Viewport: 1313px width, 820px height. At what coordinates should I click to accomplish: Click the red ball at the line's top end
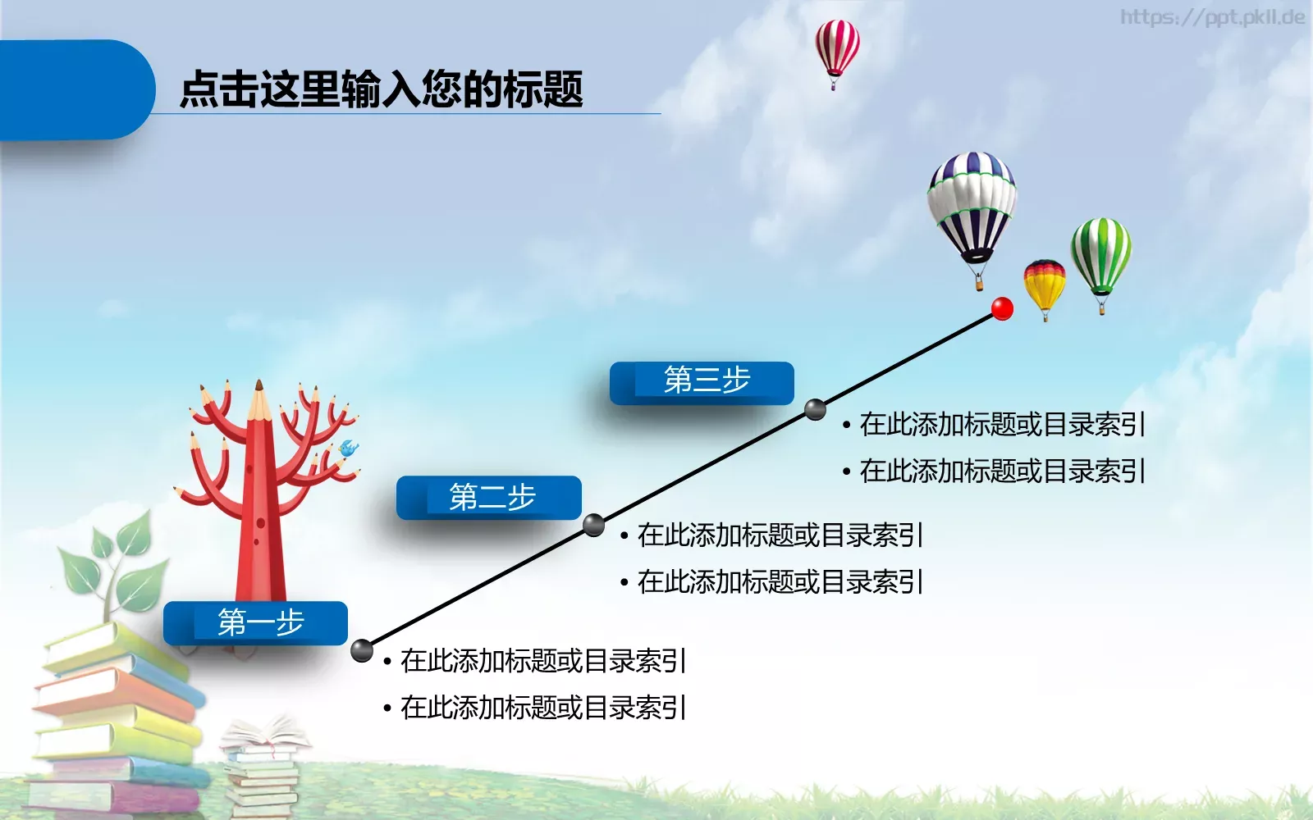[1002, 308]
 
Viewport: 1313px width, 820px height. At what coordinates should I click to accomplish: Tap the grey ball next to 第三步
[815, 409]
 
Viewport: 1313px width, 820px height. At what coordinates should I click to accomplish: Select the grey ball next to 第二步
[593, 525]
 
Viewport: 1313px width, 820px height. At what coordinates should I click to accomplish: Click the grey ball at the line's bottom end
[362, 650]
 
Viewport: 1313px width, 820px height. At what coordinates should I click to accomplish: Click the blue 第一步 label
[256, 622]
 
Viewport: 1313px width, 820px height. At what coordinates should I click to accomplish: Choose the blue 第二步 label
[489, 497]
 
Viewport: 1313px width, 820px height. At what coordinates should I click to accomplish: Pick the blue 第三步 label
[702, 381]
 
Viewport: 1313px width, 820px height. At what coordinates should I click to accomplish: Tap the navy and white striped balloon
[972, 201]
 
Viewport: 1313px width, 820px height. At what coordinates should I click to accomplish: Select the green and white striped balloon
[1100, 250]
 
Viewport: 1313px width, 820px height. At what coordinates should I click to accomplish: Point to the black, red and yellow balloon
[1044, 283]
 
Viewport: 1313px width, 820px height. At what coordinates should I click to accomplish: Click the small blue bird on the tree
[348, 449]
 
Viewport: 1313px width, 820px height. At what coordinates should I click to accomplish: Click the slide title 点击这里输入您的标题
[381, 89]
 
